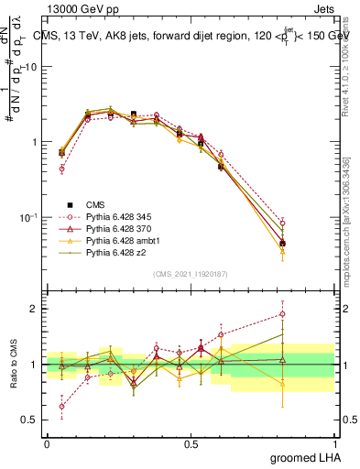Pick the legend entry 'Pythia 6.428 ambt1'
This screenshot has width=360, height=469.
(117, 242)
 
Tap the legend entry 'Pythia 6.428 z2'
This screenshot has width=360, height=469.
(112, 255)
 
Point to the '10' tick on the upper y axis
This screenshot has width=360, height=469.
(32, 67)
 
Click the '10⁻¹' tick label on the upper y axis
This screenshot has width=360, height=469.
(29, 217)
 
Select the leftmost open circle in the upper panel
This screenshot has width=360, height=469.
(61, 169)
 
